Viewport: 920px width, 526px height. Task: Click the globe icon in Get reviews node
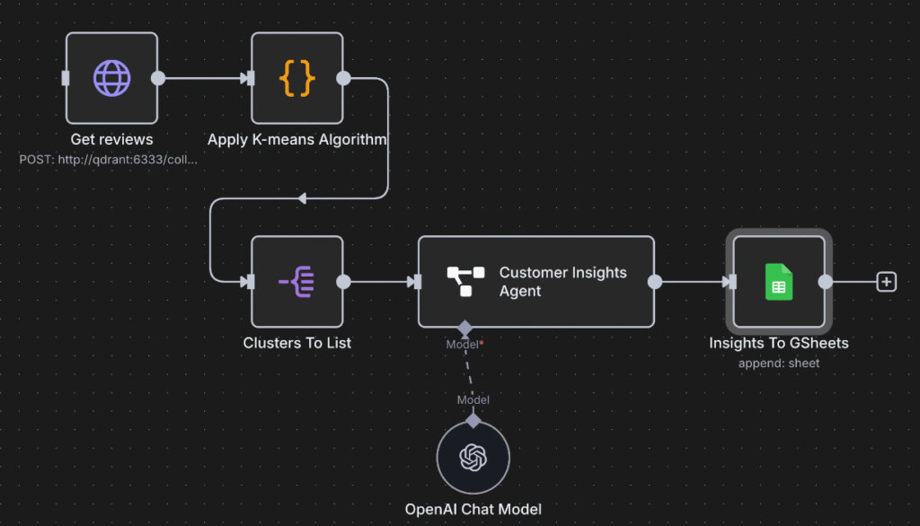(111, 78)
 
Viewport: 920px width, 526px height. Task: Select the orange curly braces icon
(296, 78)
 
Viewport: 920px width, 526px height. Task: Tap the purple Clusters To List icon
(296, 282)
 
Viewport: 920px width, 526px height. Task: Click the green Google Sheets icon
(778, 282)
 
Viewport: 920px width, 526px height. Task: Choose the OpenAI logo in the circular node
(473, 458)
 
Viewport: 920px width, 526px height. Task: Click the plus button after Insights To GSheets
(887, 282)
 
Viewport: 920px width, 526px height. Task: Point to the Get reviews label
(111, 139)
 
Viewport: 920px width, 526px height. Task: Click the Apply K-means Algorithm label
(296, 139)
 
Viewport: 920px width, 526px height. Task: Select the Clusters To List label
(296, 343)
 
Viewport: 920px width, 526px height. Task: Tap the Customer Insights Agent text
(562, 282)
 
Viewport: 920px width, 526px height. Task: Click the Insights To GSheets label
(778, 343)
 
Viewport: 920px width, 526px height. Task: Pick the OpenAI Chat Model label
(473, 510)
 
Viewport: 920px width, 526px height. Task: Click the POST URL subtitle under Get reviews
(108, 159)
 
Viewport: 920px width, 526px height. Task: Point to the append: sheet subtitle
(778, 363)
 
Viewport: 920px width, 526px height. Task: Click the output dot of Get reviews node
(158, 78)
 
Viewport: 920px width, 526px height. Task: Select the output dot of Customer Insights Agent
(655, 282)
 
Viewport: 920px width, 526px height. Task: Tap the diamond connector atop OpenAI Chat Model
(473, 420)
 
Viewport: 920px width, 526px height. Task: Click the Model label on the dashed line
(473, 399)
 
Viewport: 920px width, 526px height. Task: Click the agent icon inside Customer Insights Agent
(465, 282)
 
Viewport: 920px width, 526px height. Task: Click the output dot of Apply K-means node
(343, 78)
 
